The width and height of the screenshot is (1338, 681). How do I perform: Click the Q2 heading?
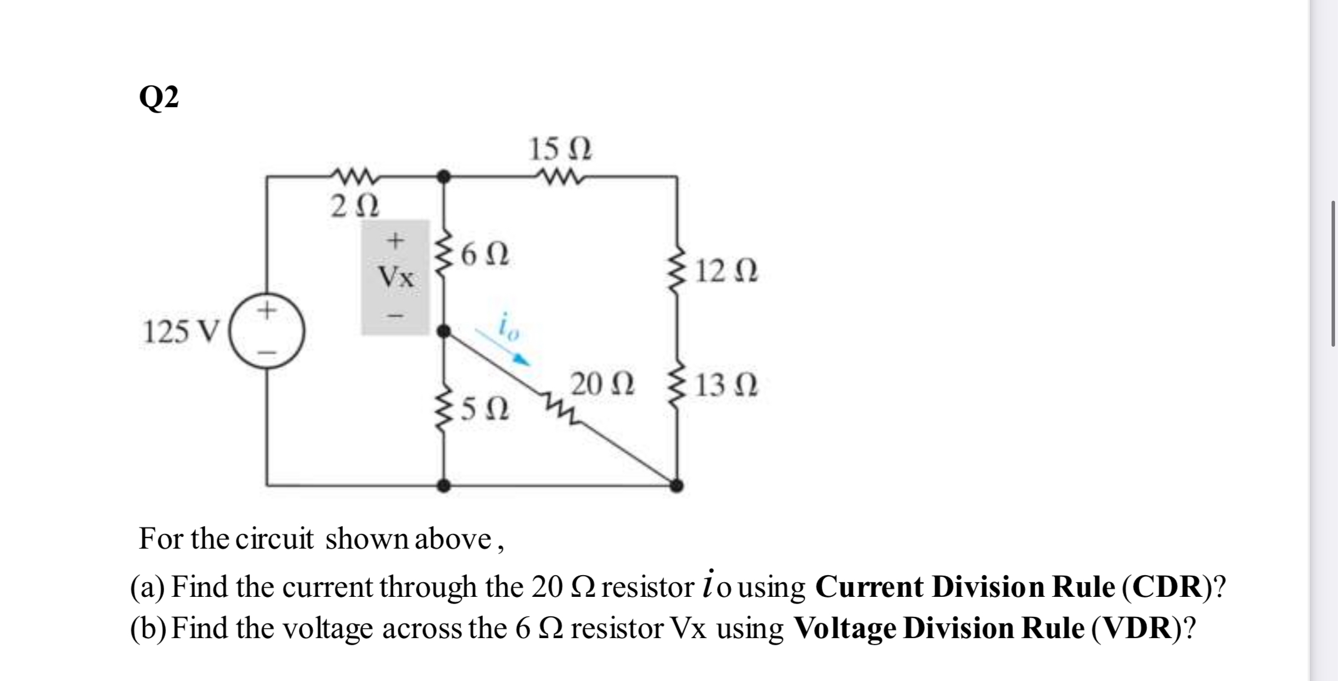pyautogui.click(x=159, y=98)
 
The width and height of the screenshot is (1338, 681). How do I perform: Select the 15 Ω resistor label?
pyautogui.click(x=560, y=150)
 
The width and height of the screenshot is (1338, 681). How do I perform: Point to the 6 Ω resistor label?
pyautogui.click(x=485, y=255)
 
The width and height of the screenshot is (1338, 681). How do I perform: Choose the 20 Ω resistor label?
pyautogui.click(x=603, y=384)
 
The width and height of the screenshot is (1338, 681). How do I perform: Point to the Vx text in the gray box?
pyautogui.click(x=396, y=277)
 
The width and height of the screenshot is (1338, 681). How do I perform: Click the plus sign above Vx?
pyautogui.click(x=396, y=240)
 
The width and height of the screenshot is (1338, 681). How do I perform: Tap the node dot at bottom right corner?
pyautogui.click(x=677, y=486)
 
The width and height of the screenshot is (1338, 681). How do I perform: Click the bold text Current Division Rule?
pyautogui.click(x=965, y=587)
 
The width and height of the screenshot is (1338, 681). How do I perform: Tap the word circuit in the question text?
pyautogui.click(x=275, y=539)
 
